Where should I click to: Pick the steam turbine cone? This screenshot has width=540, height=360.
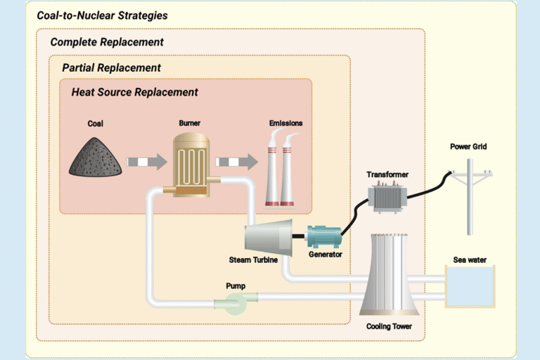point(268,237)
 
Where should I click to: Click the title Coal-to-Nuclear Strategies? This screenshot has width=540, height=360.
point(102,15)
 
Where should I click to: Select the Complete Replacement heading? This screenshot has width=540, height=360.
point(107,42)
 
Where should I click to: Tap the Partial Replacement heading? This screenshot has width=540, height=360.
point(111,68)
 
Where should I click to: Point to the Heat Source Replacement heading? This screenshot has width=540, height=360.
point(134,93)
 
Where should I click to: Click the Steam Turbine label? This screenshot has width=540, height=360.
point(253,261)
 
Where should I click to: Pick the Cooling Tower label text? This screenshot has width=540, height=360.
point(388,327)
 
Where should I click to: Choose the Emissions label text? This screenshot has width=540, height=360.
point(285,124)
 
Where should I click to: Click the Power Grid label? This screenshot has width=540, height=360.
point(468,147)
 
